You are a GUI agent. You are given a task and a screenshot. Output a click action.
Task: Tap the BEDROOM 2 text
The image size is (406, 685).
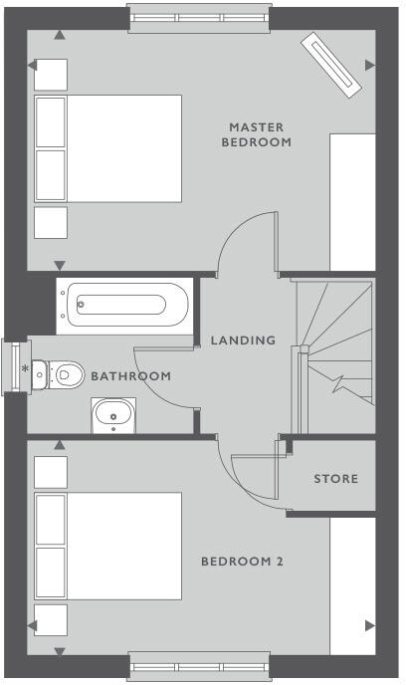243,562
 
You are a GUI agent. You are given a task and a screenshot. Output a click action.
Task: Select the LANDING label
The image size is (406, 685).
243,341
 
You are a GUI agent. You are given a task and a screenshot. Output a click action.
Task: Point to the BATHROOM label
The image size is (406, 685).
130,376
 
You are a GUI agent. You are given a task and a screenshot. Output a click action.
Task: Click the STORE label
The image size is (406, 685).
335,479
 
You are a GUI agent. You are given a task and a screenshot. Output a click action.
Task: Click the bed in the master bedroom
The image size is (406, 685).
107,148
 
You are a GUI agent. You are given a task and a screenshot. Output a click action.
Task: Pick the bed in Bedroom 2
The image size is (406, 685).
107,546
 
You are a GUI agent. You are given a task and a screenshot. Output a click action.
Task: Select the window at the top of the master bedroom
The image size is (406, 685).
200,17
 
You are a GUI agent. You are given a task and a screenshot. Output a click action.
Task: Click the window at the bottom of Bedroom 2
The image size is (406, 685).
200,665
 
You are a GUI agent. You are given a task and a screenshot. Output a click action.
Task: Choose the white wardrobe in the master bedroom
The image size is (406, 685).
352,201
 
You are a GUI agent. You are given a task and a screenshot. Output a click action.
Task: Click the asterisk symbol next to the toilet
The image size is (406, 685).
25,370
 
